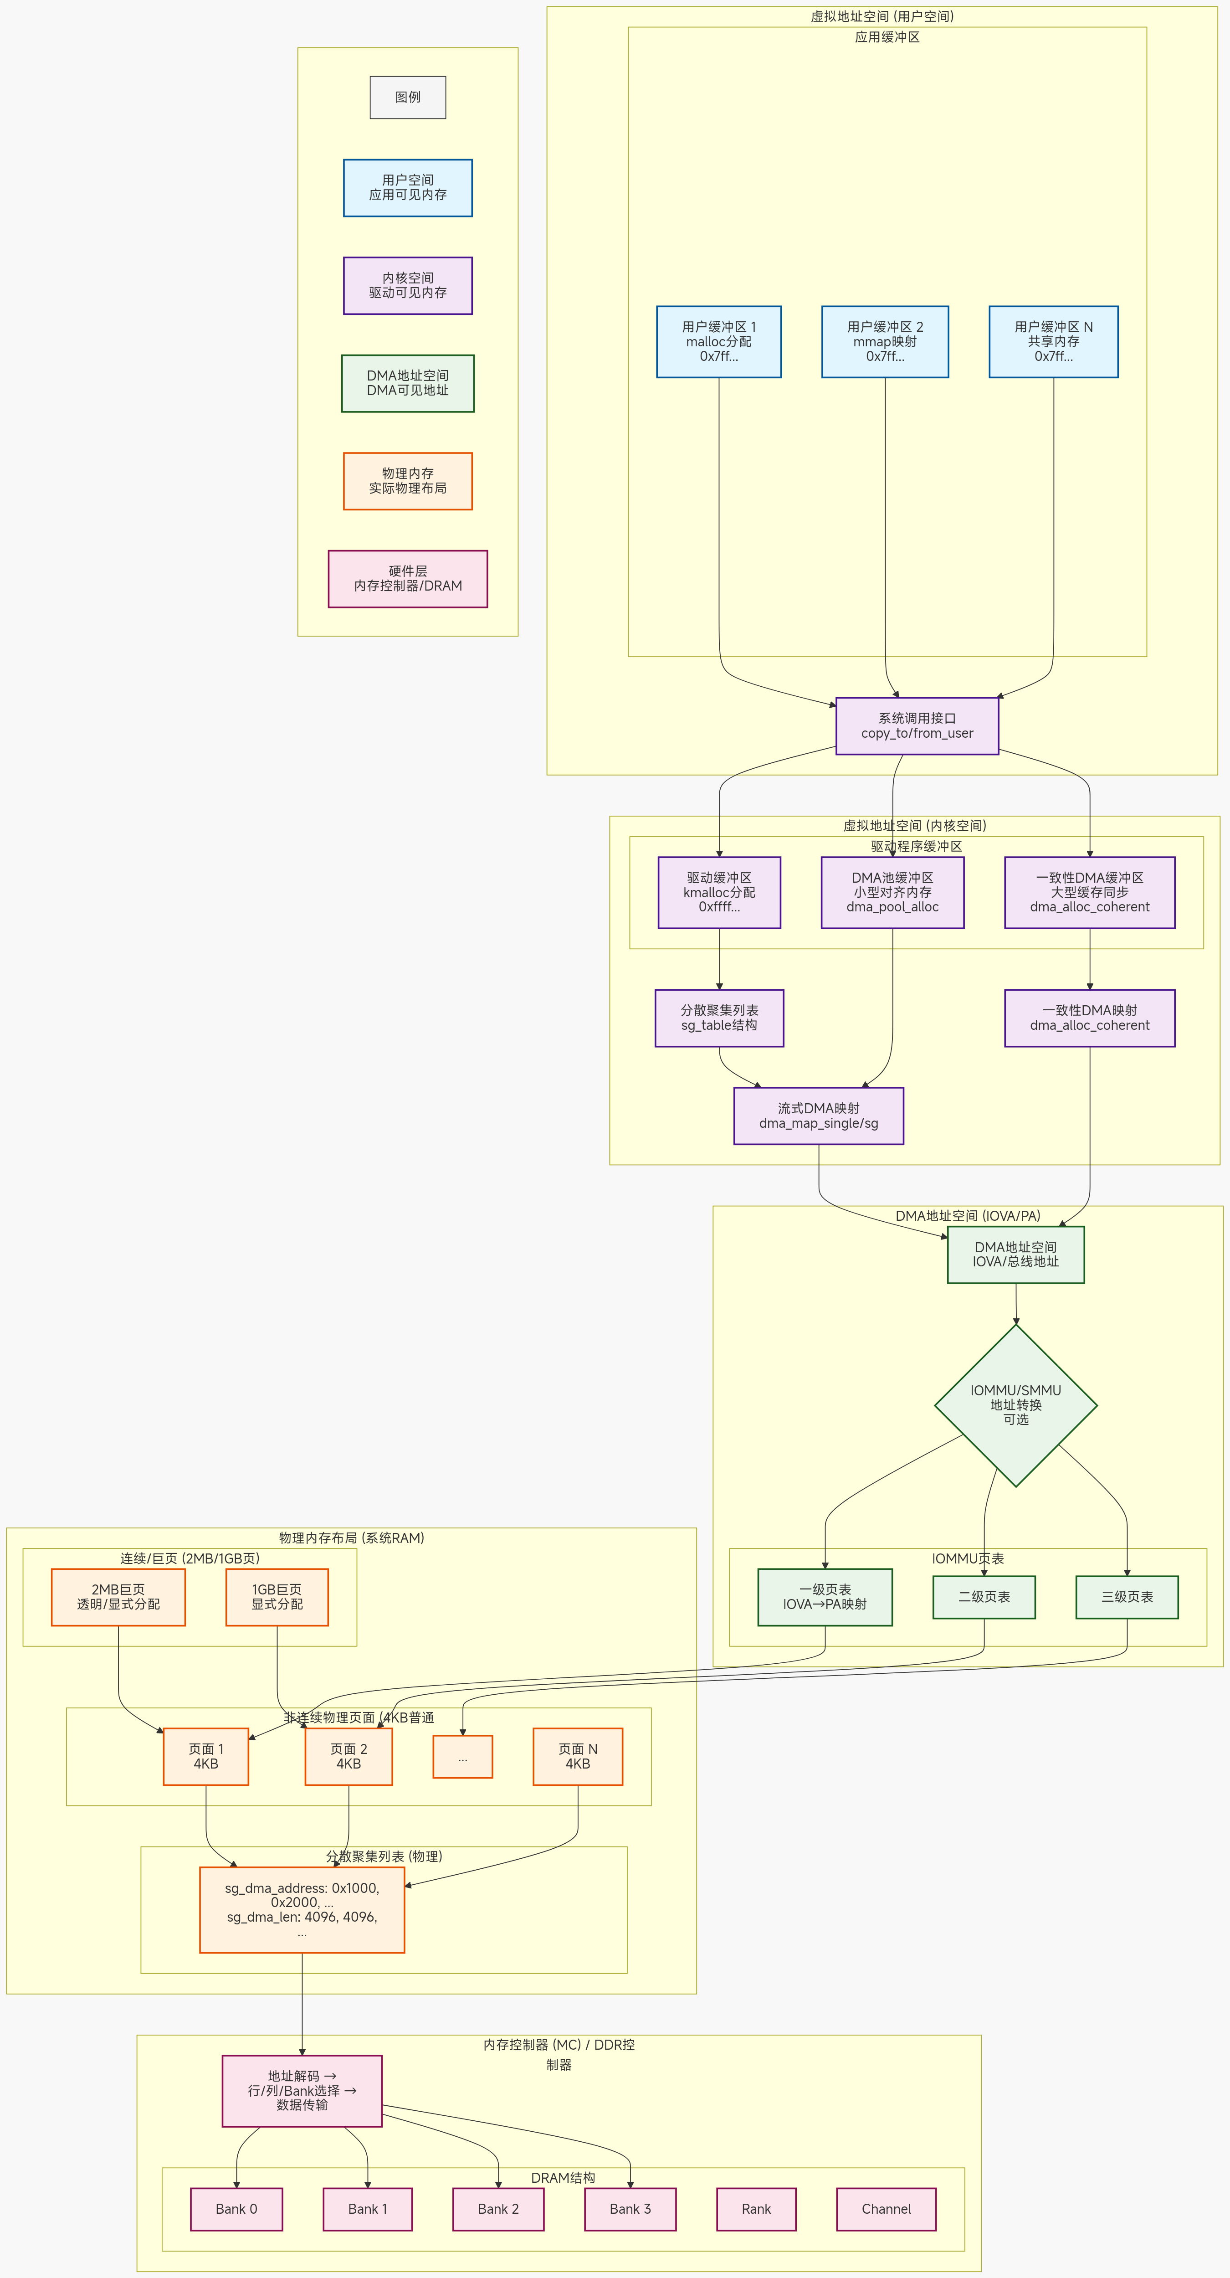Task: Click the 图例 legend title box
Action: pos(408,97)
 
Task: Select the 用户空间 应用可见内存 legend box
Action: pos(408,187)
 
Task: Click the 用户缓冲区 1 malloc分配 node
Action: pos(719,341)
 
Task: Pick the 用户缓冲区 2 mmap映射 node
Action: pos(885,341)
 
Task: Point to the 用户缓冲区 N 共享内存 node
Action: pos(1053,341)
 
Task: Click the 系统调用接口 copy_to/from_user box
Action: pos(917,726)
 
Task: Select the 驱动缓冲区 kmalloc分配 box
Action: pos(719,892)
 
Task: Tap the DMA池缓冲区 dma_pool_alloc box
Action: pos(892,892)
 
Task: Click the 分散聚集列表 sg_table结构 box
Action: pos(719,1018)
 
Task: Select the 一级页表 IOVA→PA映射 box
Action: pos(825,1597)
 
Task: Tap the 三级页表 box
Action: pos(1127,1597)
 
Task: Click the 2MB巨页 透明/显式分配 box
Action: pos(118,1597)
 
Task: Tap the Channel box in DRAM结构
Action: pos(886,2209)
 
